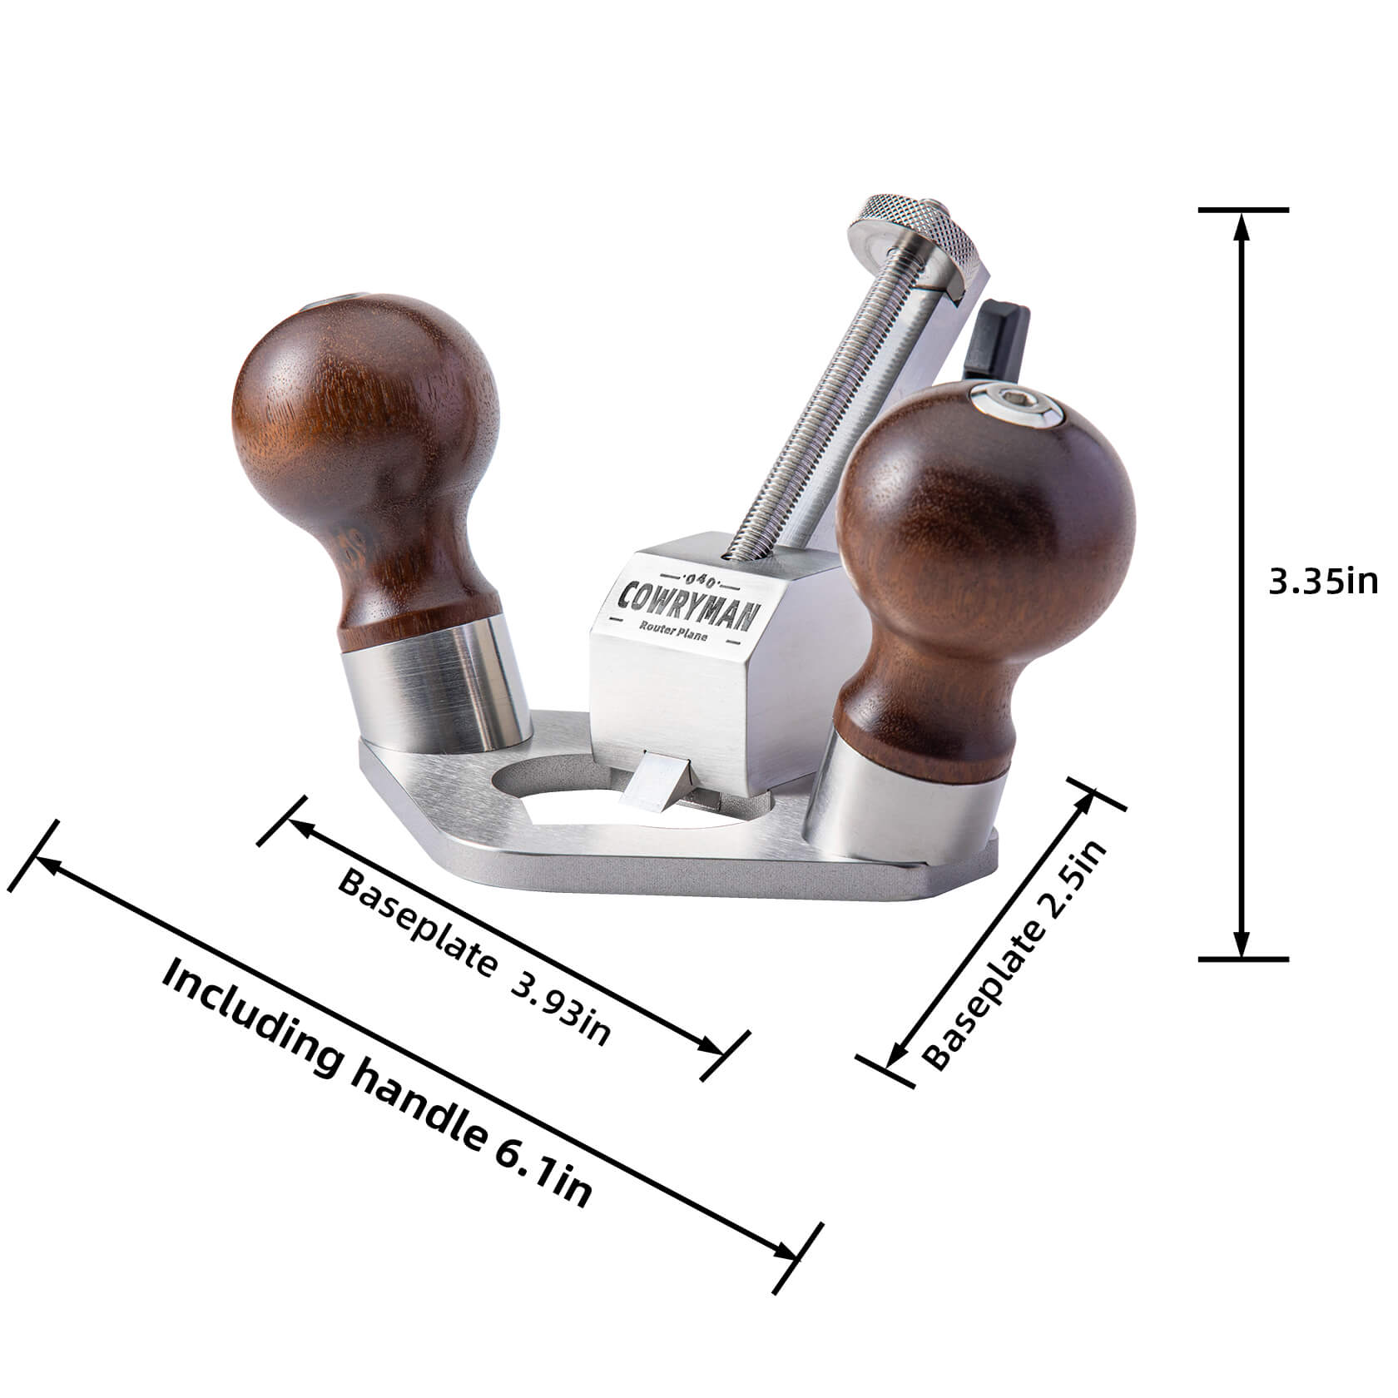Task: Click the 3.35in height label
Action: (x=1323, y=582)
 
